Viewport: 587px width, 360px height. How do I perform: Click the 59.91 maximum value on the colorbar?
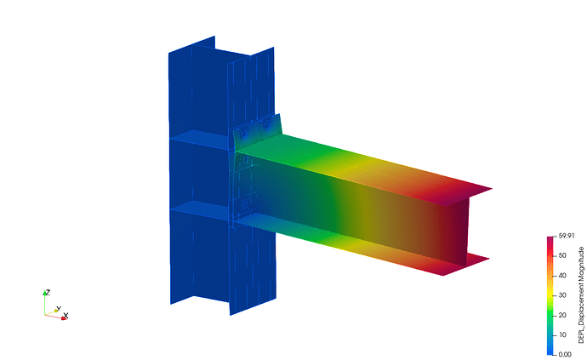pyautogui.click(x=567, y=236)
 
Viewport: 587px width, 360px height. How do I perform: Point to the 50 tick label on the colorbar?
pyautogui.click(x=562, y=255)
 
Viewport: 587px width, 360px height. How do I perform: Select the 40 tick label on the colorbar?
pyautogui.click(x=562, y=276)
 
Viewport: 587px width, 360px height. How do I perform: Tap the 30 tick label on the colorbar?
pyautogui.click(x=562, y=295)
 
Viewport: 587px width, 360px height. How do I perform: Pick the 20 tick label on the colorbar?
pyautogui.click(x=562, y=315)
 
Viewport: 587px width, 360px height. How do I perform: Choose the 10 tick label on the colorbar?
pyautogui.click(x=562, y=334)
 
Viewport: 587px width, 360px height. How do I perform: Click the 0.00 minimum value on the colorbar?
pyautogui.click(x=565, y=354)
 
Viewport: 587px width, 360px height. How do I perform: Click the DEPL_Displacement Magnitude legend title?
pyautogui.click(x=581, y=294)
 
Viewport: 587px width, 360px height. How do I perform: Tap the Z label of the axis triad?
pyautogui.click(x=48, y=292)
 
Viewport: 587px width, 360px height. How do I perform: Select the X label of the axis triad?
pyautogui.click(x=66, y=316)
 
